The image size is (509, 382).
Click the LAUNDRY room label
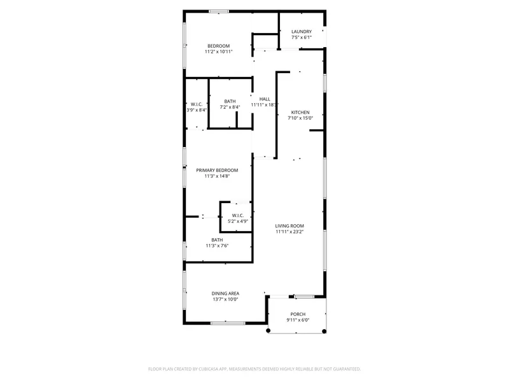coord(301,31)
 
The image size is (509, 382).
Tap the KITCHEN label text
coord(300,113)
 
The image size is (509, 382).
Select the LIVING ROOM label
coord(289,226)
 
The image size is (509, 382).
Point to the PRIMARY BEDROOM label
coord(217,170)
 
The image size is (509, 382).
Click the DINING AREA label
coord(225,294)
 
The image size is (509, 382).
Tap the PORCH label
coord(298,314)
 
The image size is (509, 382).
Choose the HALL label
coord(265,99)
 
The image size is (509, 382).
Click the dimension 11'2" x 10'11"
coord(218,52)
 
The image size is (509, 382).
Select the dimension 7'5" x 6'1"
coord(301,38)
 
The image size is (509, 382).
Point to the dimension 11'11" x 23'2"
coord(289,232)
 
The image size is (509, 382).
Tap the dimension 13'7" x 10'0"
coord(225,299)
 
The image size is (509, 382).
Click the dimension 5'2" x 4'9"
coord(237,222)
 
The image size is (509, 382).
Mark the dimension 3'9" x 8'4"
coord(197,110)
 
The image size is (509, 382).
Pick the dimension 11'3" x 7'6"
coord(217,246)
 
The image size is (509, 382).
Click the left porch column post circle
coord(268,330)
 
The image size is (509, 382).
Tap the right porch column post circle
coord(324,331)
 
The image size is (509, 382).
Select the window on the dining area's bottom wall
coord(228,323)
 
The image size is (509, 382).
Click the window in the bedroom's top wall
coord(218,11)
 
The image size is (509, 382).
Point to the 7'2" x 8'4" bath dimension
coord(230,107)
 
